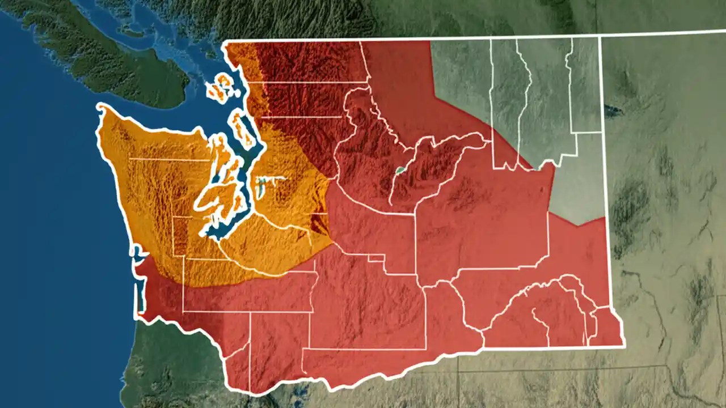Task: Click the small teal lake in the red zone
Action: click(400, 169)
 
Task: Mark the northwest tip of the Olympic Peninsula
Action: click(102, 108)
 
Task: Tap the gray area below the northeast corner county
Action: click(579, 181)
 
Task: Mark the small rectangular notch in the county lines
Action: click(376, 258)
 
